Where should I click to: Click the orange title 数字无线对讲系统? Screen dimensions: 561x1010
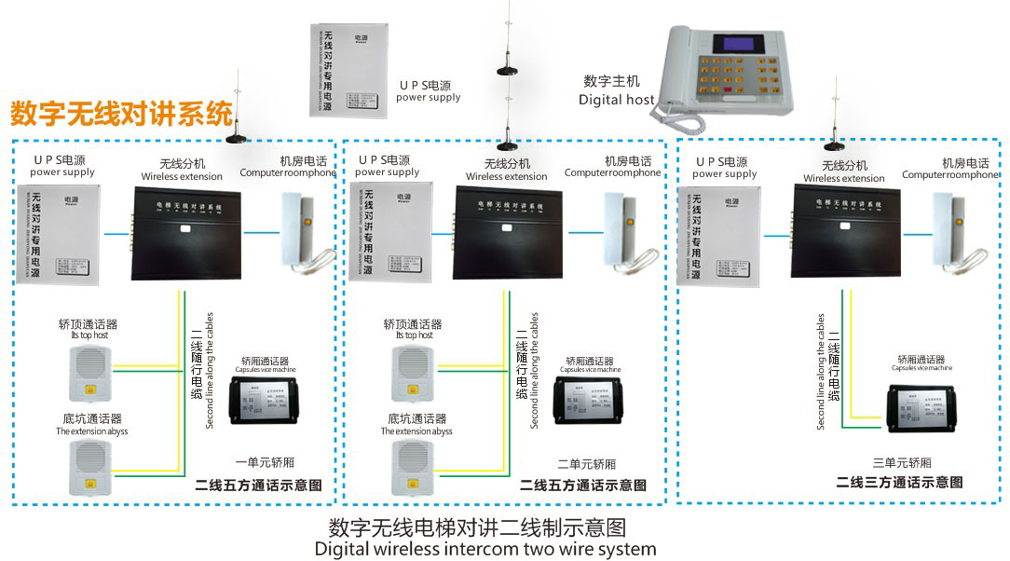tap(121, 114)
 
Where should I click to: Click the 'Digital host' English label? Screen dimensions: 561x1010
tap(616, 100)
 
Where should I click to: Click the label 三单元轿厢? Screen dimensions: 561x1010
tap(901, 463)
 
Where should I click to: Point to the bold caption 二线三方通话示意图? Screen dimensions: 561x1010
tap(899, 482)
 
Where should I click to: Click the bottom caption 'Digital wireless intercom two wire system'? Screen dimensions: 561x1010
tap(485, 549)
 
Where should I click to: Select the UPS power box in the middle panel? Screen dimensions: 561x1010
tap(390, 234)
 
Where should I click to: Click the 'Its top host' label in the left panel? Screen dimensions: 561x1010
tap(89, 335)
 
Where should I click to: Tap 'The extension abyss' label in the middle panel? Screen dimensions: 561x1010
tap(416, 431)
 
